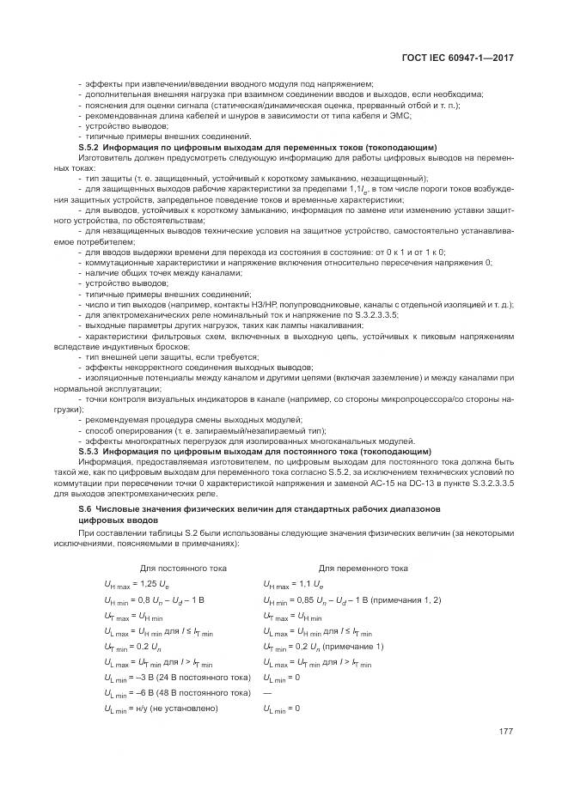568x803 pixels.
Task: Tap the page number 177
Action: click(506, 732)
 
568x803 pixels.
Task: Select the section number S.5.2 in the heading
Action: click(89, 147)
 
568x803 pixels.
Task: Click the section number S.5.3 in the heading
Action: click(89, 451)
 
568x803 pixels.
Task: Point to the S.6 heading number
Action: click(85, 509)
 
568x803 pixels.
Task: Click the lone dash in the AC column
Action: click(267, 693)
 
